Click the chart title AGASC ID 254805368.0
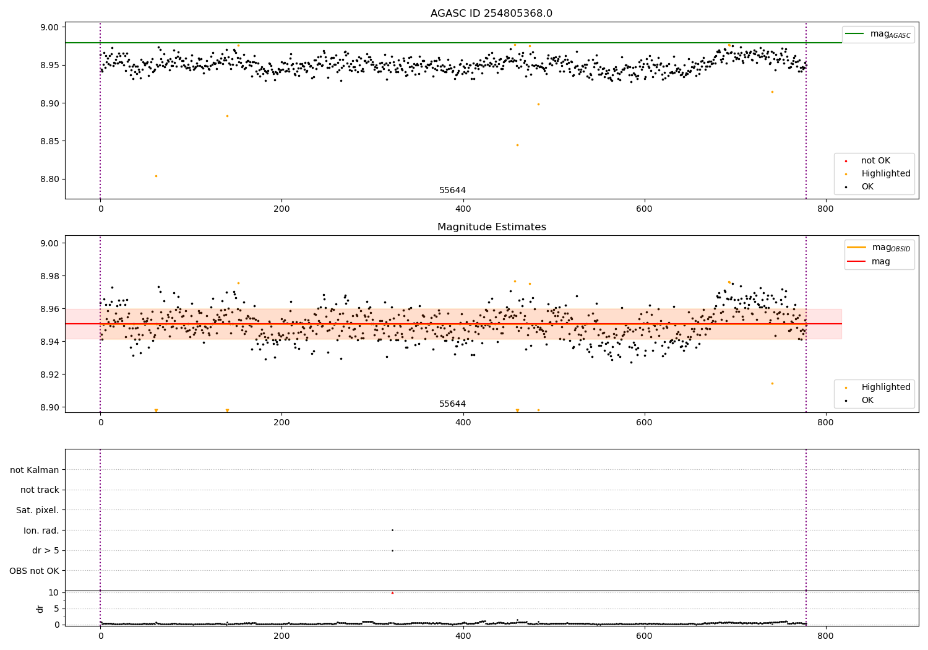[x=491, y=14]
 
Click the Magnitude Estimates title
[x=491, y=227]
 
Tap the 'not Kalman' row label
[x=34, y=470]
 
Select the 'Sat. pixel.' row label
[x=37, y=510]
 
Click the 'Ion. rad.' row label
[x=41, y=531]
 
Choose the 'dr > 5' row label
[x=45, y=550]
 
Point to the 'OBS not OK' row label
[x=34, y=571]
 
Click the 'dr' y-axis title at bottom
[x=40, y=609]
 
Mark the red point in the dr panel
[x=392, y=593]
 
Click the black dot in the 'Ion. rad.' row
[x=392, y=530]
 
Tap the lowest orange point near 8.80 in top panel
[x=156, y=176]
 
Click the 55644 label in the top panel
[x=452, y=190]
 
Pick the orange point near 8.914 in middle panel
[x=772, y=383]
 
